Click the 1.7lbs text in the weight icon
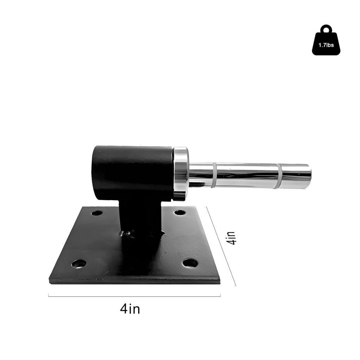tap(326, 45)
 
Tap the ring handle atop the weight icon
tap(326, 28)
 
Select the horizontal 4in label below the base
tap(130, 309)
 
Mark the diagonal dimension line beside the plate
tap(221, 246)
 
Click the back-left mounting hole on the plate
tap(97, 213)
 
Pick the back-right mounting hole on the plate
tap(180, 212)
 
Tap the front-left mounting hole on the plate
tap(79, 263)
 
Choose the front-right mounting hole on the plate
tap(190, 263)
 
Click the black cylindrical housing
tap(132, 172)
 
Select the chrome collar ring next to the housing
tap(181, 174)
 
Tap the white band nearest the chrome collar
tap(214, 175)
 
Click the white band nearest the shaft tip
tap(278, 176)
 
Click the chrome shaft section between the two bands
tap(246, 175)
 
